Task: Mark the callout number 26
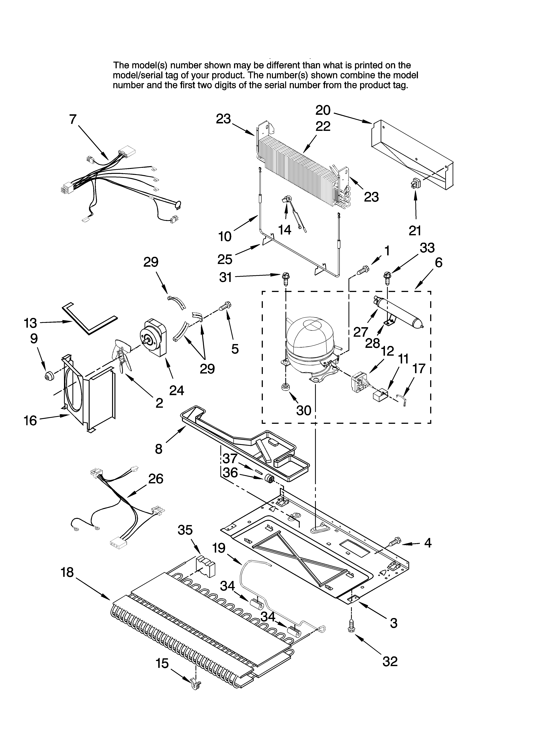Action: click(156, 479)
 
